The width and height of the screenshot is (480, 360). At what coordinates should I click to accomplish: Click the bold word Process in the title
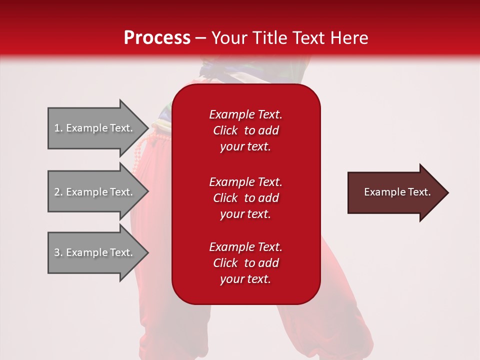click(157, 37)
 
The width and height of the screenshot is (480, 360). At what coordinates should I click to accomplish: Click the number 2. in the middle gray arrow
click(58, 192)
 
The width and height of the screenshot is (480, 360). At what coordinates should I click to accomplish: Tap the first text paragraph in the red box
click(245, 130)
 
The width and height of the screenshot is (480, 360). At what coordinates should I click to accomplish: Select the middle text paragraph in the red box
click(245, 198)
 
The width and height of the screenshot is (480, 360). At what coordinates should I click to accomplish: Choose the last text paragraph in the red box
click(245, 263)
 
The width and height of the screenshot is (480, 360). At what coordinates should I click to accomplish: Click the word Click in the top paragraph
click(225, 130)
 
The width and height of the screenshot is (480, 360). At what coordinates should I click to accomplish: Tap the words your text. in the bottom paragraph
click(245, 279)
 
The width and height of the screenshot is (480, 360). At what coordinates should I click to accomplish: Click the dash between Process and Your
click(201, 38)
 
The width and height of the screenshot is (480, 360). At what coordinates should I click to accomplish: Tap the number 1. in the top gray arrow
click(58, 128)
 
